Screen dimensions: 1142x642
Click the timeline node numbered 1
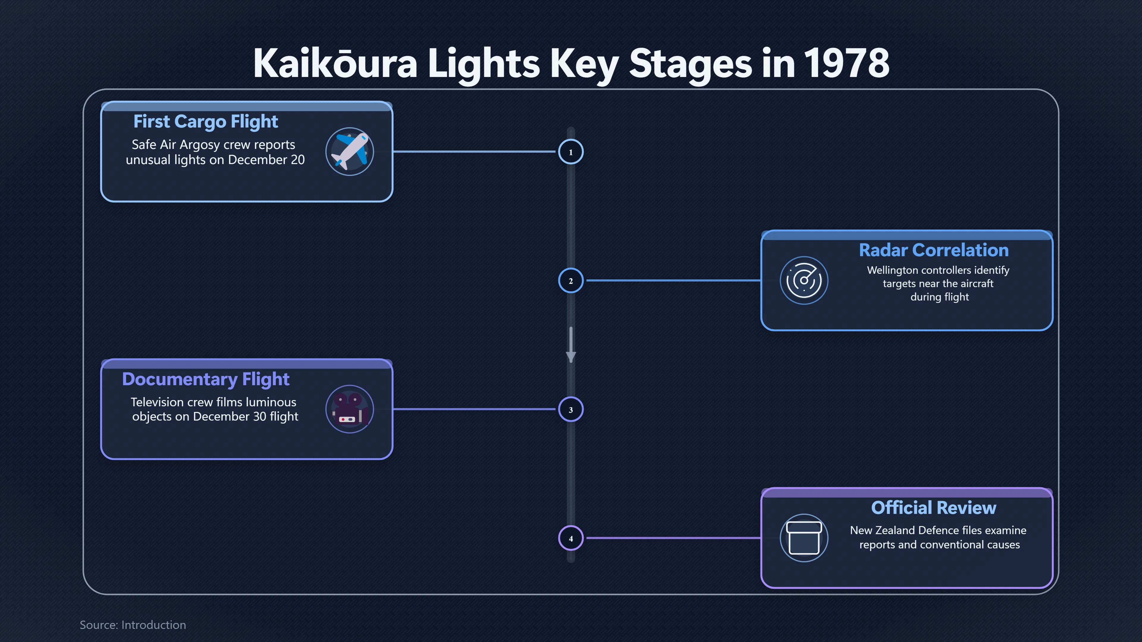[571, 152]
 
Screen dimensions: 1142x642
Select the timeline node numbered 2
[571, 281]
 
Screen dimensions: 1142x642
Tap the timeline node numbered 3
[571, 409]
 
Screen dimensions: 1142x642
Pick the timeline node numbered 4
[571, 538]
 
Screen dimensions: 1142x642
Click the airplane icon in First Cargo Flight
[350, 152]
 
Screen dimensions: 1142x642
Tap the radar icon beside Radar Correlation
[804, 281]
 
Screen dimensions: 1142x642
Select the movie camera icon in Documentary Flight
[350, 409]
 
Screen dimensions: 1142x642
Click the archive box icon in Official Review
[804, 538]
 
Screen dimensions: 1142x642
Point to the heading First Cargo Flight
[206, 121]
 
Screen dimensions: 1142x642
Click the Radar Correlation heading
[934, 250]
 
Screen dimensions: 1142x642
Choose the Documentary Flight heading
[206, 379]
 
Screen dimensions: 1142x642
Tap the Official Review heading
[934, 508]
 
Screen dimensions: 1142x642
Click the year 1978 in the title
[846, 63]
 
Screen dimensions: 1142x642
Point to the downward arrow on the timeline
[571, 345]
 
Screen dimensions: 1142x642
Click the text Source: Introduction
[133, 625]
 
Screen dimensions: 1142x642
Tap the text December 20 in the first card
[266, 160]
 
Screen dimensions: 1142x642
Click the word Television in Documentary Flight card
[157, 402]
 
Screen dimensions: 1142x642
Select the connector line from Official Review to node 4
[674, 538]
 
